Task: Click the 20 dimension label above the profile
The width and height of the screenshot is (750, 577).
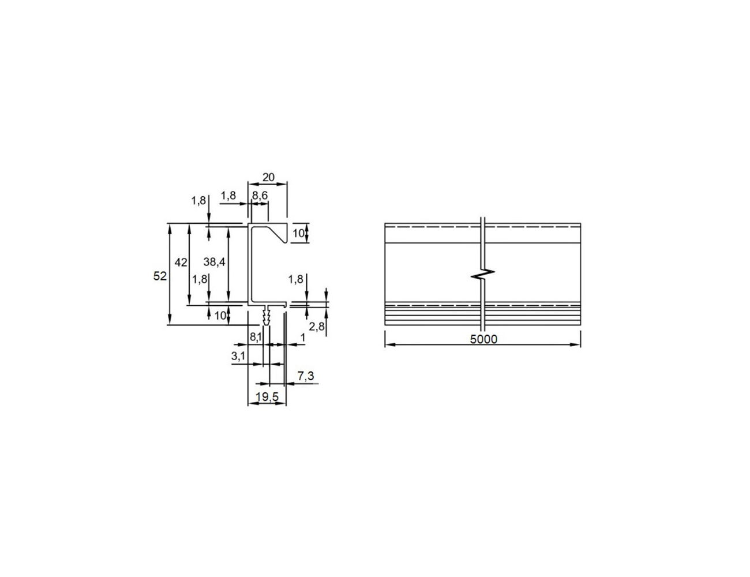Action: coord(268,177)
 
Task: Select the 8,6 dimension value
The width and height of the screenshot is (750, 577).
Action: coord(260,196)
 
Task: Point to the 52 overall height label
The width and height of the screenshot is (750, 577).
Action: coord(160,276)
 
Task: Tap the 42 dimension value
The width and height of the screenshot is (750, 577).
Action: coord(181,263)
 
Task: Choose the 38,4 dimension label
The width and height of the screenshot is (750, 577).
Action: coord(214,262)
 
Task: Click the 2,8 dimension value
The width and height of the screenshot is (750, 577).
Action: coord(317,326)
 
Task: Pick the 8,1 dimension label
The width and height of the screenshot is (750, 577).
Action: coord(256,337)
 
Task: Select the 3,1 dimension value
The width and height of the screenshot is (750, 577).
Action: coord(238,356)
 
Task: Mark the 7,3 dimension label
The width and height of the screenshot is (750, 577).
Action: coord(306,376)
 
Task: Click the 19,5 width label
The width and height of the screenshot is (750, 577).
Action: coord(267,397)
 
